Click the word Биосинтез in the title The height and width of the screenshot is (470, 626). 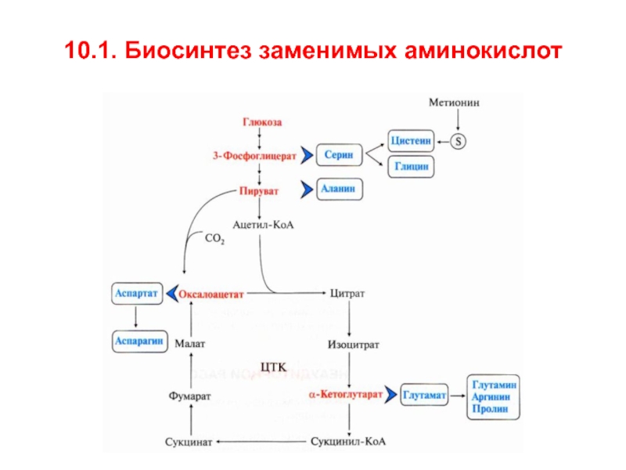188,50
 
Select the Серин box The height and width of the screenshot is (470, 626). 339,155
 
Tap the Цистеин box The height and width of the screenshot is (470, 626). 411,141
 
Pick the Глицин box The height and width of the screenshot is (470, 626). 411,166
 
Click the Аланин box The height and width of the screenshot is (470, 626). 340,189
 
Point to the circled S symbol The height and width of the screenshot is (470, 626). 458,142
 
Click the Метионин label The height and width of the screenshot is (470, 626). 454,103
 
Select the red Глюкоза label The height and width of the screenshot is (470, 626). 262,122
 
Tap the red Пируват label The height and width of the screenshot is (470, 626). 259,191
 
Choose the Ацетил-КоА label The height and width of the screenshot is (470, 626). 263,225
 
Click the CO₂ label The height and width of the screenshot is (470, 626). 214,239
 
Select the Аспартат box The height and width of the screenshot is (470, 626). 137,293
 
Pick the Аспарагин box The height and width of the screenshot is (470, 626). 140,342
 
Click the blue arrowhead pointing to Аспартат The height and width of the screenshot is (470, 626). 171,294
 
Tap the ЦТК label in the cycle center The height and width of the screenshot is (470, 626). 273,367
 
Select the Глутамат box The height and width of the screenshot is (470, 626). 424,395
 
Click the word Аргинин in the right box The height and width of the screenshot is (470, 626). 491,397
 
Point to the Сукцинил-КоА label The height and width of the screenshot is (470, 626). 348,442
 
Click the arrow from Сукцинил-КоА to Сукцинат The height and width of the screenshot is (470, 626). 261,442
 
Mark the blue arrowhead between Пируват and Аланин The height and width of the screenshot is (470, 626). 307,189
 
